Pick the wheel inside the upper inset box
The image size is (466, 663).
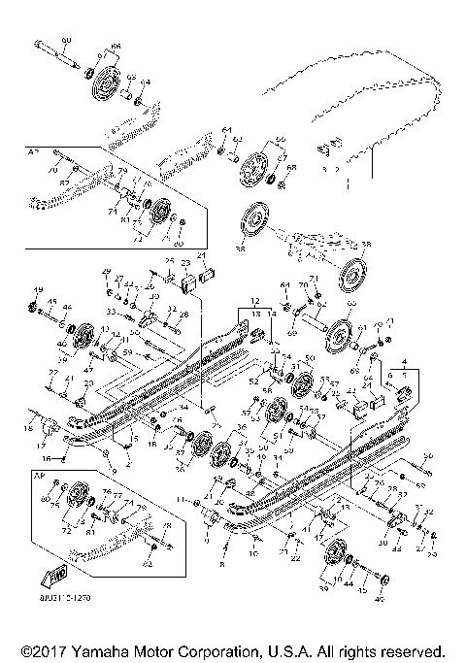click(x=161, y=212)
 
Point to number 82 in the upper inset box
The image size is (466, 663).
click(x=64, y=182)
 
